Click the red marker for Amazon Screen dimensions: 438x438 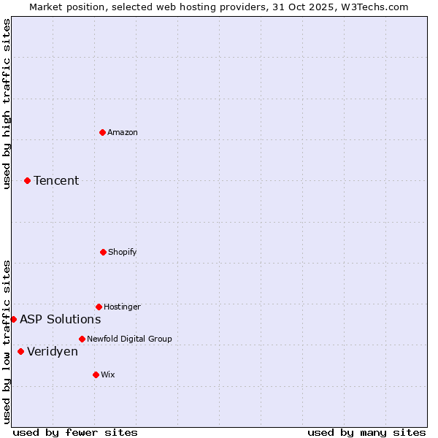[x=102, y=132]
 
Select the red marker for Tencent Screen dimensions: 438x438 [x=27, y=180]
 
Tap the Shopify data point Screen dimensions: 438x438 [x=103, y=252]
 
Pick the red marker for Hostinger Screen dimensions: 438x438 [x=99, y=307]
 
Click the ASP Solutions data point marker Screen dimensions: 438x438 [x=13, y=319]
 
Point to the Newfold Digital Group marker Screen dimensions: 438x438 [x=82, y=339]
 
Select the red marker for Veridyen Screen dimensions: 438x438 [x=20, y=351]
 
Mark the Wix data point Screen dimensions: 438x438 [x=96, y=374]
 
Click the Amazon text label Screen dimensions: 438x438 [x=123, y=132]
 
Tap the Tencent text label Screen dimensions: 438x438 [x=56, y=180]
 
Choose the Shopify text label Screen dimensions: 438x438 [x=123, y=252]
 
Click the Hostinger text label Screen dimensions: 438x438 [x=122, y=307]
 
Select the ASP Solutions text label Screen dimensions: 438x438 [x=61, y=319]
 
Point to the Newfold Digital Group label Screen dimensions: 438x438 [x=129, y=339]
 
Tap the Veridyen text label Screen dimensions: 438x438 [x=53, y=351]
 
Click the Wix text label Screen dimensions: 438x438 [x=108, y=374]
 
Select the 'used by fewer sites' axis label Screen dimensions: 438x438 [x=75, y=432]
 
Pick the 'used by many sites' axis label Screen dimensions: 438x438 [x=366, y=432]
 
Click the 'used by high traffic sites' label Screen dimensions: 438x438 [x=7, y=104]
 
